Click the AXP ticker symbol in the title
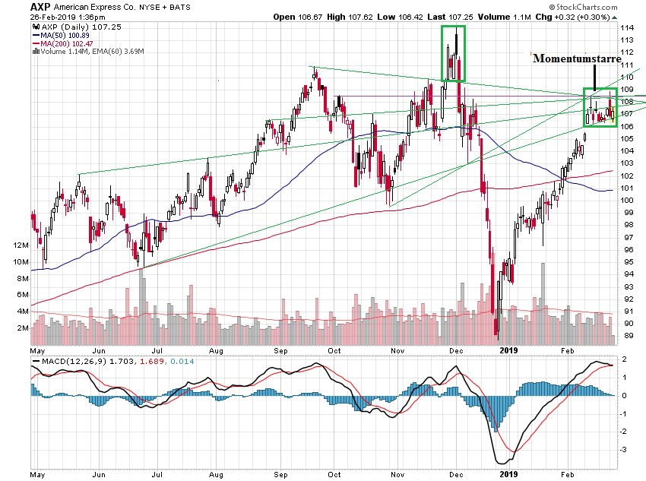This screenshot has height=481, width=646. tap(41, 6)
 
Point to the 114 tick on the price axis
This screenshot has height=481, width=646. tap(629, 28)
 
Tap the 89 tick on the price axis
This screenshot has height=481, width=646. tap(629, 336)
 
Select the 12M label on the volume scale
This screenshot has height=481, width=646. tap(21, 245)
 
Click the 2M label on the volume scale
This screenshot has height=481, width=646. tap(23, 328)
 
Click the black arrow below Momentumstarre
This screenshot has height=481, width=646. tap(594, 79)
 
